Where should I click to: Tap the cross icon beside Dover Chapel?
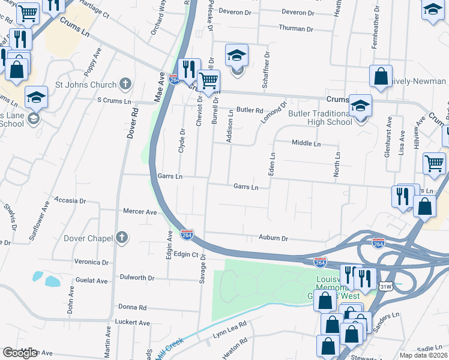point(122,238)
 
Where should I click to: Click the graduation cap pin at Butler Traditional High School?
point(360,106)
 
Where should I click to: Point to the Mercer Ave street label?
point(139,212)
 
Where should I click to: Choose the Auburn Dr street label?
point(273,238)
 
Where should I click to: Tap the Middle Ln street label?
point(306,143)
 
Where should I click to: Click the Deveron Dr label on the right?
point(311,11)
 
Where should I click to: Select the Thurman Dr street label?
point(296,29)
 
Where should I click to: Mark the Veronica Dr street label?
point(91,262)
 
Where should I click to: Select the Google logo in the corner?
point(20,353)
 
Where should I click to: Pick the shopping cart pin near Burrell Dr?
point(208,81)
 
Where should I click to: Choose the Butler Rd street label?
point(250,110)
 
